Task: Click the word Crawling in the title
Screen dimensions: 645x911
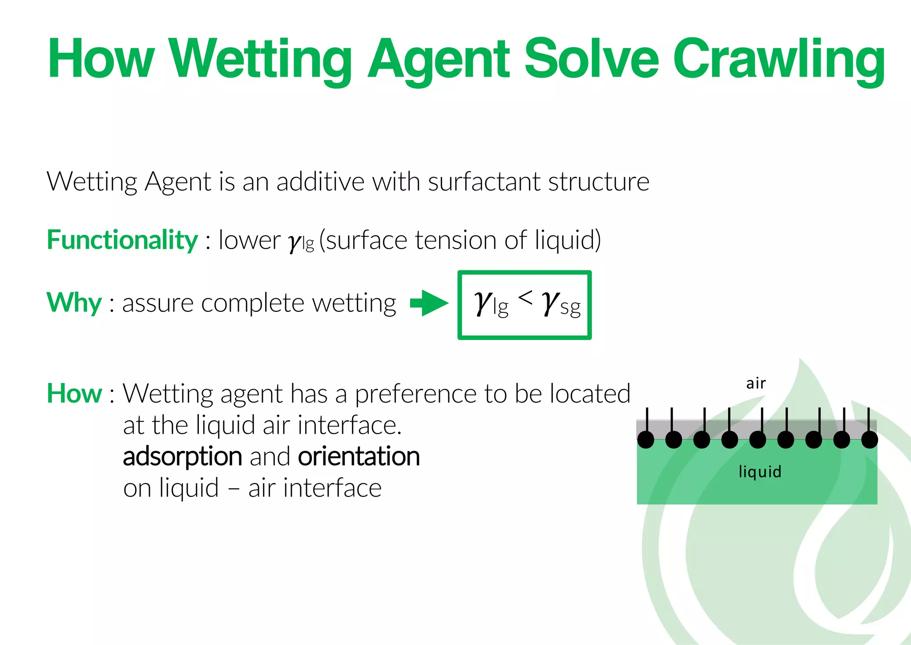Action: [778, 60]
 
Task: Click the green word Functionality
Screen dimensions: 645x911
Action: [122, 240]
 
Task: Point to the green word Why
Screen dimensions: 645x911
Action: [74, 303]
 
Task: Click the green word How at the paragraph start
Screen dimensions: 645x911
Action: [74, 394]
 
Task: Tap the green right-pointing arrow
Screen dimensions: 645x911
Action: [429, 303]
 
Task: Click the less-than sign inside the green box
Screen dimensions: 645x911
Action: [525, 297]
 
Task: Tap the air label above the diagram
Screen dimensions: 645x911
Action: [756, 383]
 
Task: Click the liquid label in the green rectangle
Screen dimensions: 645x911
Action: [760, 472]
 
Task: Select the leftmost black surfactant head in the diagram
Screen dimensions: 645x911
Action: [646, 440]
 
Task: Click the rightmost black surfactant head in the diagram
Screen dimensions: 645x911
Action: [870, 440]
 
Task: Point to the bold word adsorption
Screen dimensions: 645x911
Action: [182, 457]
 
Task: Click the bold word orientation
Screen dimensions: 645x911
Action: [359, 457]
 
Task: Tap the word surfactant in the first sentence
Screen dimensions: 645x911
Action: [484, 182]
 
